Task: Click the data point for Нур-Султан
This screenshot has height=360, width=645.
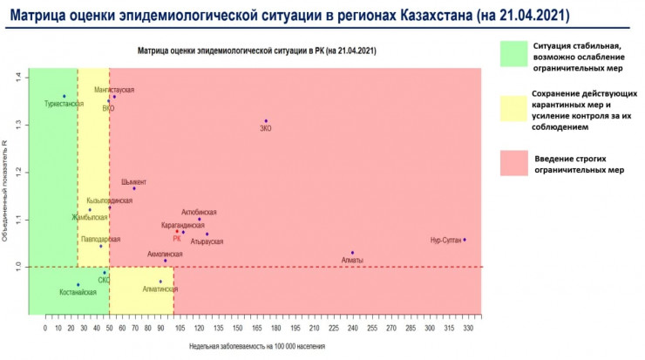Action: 465,240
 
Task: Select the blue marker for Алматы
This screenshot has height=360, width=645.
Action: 353,253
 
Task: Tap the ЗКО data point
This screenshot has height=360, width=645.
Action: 266,121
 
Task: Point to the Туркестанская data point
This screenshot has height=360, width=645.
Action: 64,96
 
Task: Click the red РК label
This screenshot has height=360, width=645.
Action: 177,239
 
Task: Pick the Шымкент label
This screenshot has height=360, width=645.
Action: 134,181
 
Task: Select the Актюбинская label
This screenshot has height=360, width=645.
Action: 199,212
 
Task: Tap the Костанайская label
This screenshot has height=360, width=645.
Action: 78,293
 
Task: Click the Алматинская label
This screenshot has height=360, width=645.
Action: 160,289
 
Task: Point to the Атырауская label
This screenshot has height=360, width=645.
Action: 207,241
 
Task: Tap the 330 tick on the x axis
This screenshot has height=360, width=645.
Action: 468,329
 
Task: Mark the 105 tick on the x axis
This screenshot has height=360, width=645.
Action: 180,329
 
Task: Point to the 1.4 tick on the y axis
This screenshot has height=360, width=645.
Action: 17,78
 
